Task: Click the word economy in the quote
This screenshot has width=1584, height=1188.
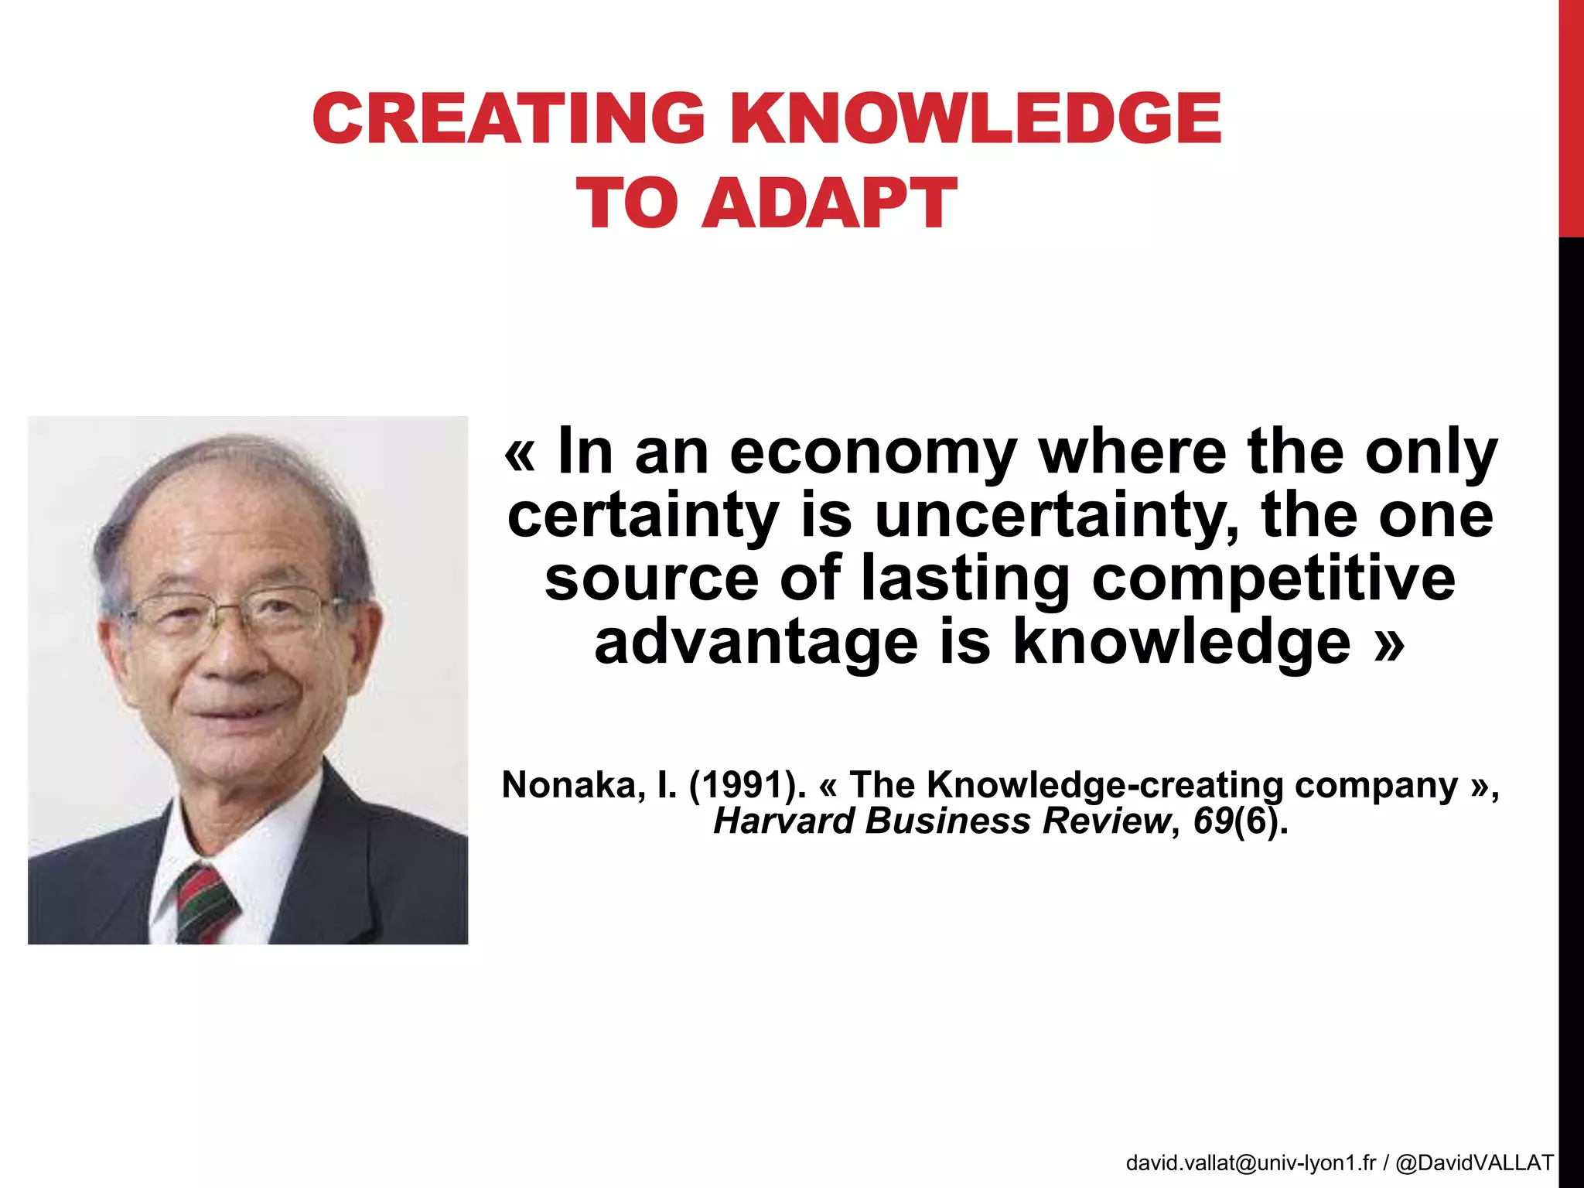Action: (x=872, y=452)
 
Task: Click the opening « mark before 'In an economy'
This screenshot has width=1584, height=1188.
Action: (x=520, y=453)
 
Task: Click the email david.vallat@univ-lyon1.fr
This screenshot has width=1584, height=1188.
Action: (x=1251, y=1162)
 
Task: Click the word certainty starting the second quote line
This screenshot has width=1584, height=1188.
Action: (x=643, y=516)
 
